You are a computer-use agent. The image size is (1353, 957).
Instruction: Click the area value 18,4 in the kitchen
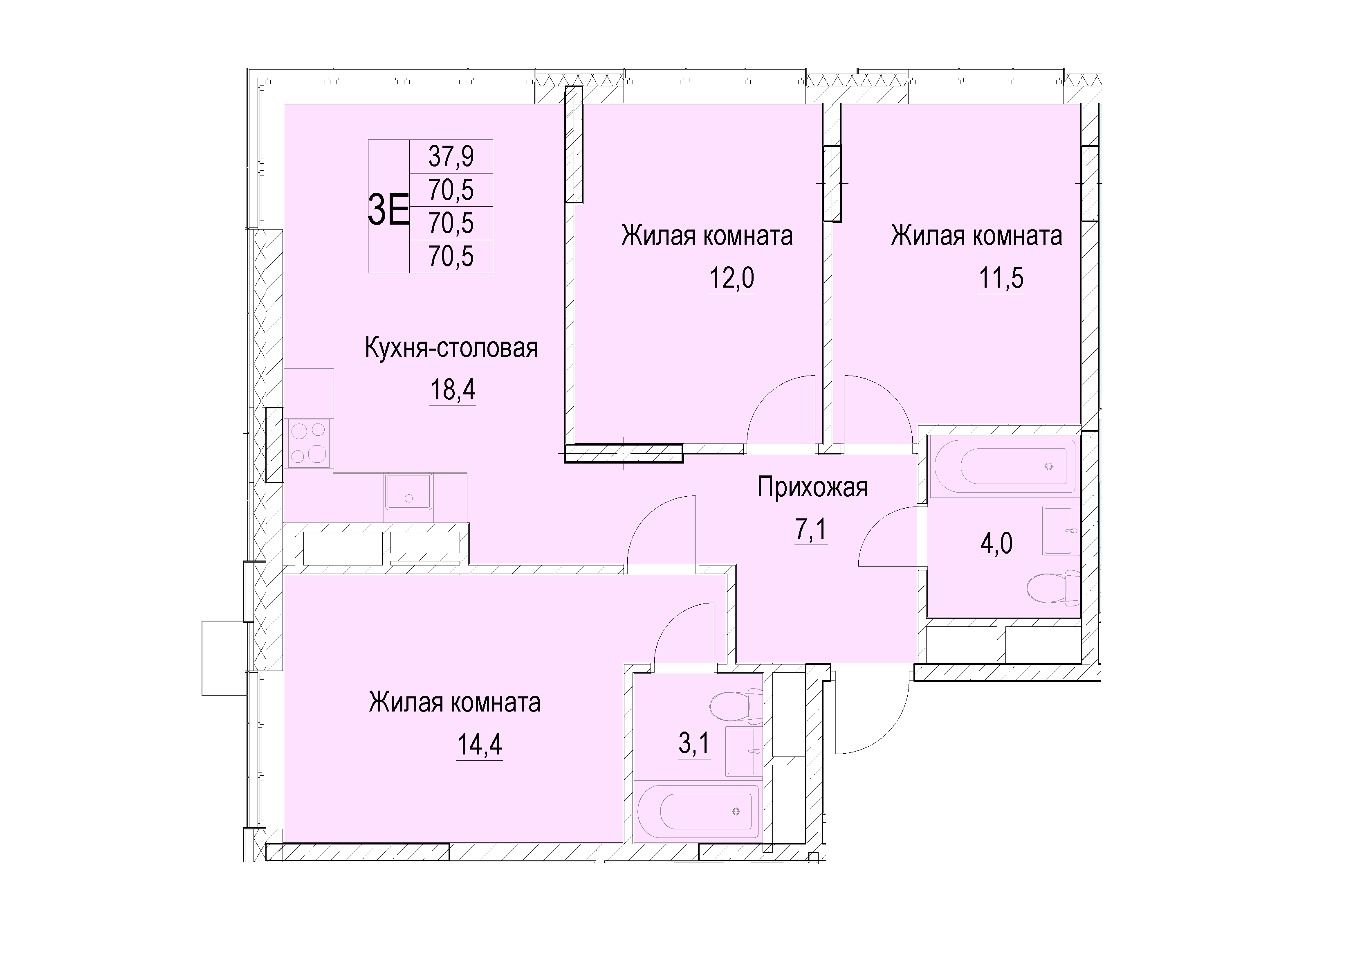(453, 390)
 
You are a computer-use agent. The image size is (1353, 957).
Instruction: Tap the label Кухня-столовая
(451, 348)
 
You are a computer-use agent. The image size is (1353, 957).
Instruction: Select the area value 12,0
(731, 278)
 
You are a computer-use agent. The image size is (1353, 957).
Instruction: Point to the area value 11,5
(1001, 278)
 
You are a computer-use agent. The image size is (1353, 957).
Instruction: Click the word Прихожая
(812, 488)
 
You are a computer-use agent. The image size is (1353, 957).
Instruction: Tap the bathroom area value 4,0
(996, 544)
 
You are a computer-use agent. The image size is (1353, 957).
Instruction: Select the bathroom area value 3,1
(695, 744)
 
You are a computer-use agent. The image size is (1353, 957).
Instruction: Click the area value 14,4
(480, 745)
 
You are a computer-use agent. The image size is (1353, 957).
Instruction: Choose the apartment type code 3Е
(388, 210)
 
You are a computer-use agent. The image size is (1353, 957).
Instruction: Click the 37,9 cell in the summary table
(451, 157)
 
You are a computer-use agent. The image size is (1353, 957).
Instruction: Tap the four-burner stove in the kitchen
(308, 443)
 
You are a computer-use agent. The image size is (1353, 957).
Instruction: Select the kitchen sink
(408, 491)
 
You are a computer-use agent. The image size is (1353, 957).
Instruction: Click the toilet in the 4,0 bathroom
(1053, 587)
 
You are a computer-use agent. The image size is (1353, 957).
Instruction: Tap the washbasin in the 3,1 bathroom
(741, 751)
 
